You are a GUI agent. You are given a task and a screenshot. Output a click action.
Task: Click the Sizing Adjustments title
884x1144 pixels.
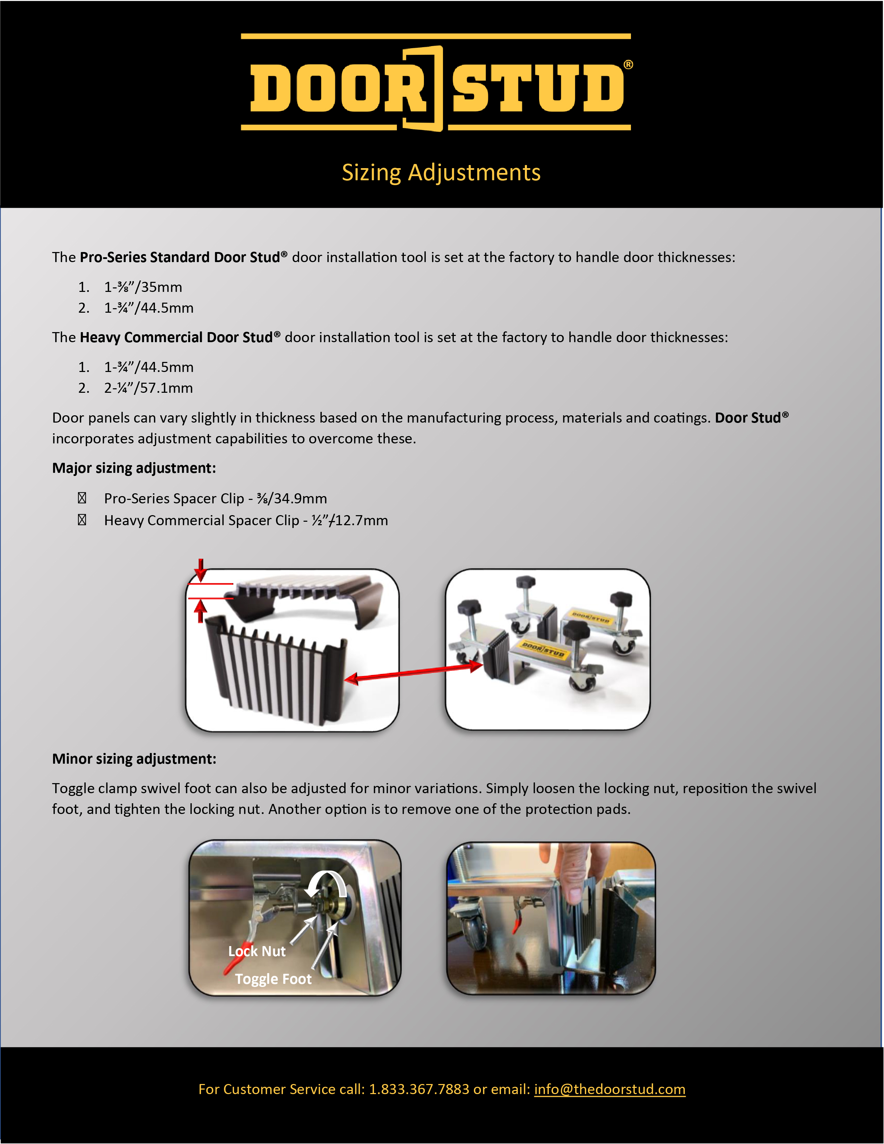tap(441, 172)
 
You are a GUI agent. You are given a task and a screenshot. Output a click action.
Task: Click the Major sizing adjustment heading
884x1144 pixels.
tap(134, 468)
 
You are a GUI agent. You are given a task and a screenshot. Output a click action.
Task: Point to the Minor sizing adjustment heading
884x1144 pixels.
tap(134, 759)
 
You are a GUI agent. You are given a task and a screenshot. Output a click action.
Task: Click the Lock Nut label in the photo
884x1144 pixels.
tap(257, 951)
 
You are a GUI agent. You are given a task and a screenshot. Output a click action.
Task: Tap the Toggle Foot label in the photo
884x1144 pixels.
tap(273, 979)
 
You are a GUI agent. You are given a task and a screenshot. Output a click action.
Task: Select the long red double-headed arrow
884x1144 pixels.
tap(414, 673)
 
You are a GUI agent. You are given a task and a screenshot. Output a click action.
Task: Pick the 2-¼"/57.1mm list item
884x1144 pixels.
tap(148, 388)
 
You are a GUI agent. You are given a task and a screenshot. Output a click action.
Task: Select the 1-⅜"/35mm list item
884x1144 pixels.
tap(143, 287)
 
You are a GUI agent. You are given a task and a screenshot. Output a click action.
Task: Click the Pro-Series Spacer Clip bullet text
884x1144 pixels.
tap(215, 499)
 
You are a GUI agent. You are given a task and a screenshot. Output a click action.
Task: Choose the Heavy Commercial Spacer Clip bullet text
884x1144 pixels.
tap(246, 521)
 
